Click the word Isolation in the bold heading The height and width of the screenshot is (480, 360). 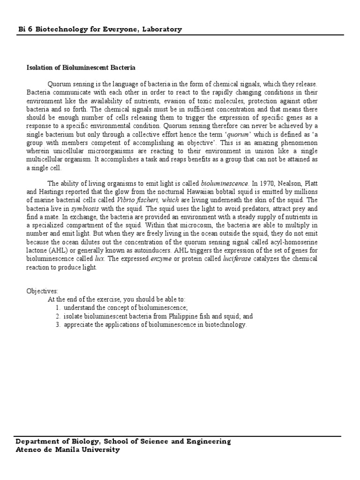click(x=38, y=68)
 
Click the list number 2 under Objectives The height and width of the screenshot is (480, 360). click(x=58, y=316)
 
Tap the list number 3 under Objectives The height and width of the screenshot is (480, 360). click(x=58, y=324)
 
